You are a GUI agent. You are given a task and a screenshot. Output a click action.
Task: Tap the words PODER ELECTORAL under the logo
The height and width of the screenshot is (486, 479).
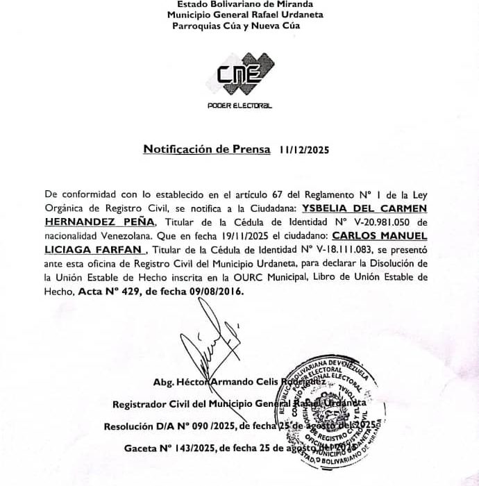coord(239,106)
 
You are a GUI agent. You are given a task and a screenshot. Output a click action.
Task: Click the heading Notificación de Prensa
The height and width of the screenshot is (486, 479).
coord(207,149)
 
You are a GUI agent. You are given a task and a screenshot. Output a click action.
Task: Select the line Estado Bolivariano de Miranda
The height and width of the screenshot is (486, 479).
coord(239,3)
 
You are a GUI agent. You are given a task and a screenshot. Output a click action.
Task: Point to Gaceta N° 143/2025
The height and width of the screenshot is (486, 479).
coord(166,449)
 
